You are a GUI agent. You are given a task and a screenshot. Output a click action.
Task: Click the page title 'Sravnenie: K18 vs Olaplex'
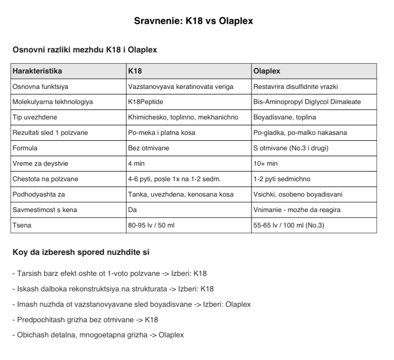click(194, 21)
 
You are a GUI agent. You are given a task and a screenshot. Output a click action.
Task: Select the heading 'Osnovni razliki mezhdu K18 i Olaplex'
click(85, 50)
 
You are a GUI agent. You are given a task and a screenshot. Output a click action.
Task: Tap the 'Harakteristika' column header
click(37, 71)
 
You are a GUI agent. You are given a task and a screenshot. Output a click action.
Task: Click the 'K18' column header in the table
click(135, 71)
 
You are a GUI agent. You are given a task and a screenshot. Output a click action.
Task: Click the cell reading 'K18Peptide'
click(146, 102)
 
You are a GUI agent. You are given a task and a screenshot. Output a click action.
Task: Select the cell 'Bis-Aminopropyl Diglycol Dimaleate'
click(307, 102)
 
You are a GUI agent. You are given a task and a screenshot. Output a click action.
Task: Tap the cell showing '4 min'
click(136, 164)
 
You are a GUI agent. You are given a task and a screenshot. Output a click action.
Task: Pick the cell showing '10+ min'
click(265, 164)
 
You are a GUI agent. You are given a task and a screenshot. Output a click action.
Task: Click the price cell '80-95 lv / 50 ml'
click(151, 225)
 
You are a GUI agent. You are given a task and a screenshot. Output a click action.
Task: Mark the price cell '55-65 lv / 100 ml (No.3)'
click(289, 225)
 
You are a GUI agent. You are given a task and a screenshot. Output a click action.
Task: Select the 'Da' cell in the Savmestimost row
click(132, 209)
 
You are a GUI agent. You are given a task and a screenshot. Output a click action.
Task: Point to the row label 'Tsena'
click(23, 225)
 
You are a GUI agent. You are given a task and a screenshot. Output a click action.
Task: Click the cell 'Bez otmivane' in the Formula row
click(148, 148)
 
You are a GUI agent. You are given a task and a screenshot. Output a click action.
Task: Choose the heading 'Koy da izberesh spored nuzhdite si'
click(82, 252)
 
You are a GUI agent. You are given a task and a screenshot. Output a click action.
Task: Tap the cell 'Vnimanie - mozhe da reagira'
click(297, 209)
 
